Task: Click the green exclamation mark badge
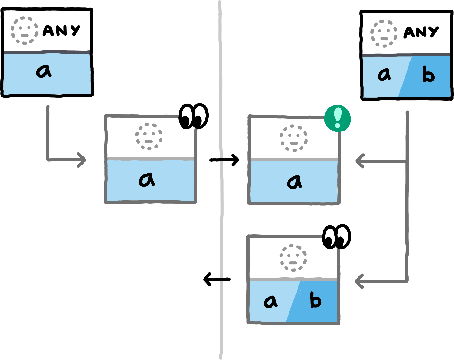coord(337,119)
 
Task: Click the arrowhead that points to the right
coord(83,160)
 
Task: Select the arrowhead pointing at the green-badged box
coord(359,161)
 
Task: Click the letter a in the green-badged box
coord(294,182)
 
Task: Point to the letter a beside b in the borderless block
coord(384,75)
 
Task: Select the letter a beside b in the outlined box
coord(271,301)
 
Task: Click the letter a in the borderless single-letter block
coord(44,71)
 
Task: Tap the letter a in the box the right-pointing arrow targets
coord(147,180)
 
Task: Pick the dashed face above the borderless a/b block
coord(384,33)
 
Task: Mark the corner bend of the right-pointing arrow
coord(48,160)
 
